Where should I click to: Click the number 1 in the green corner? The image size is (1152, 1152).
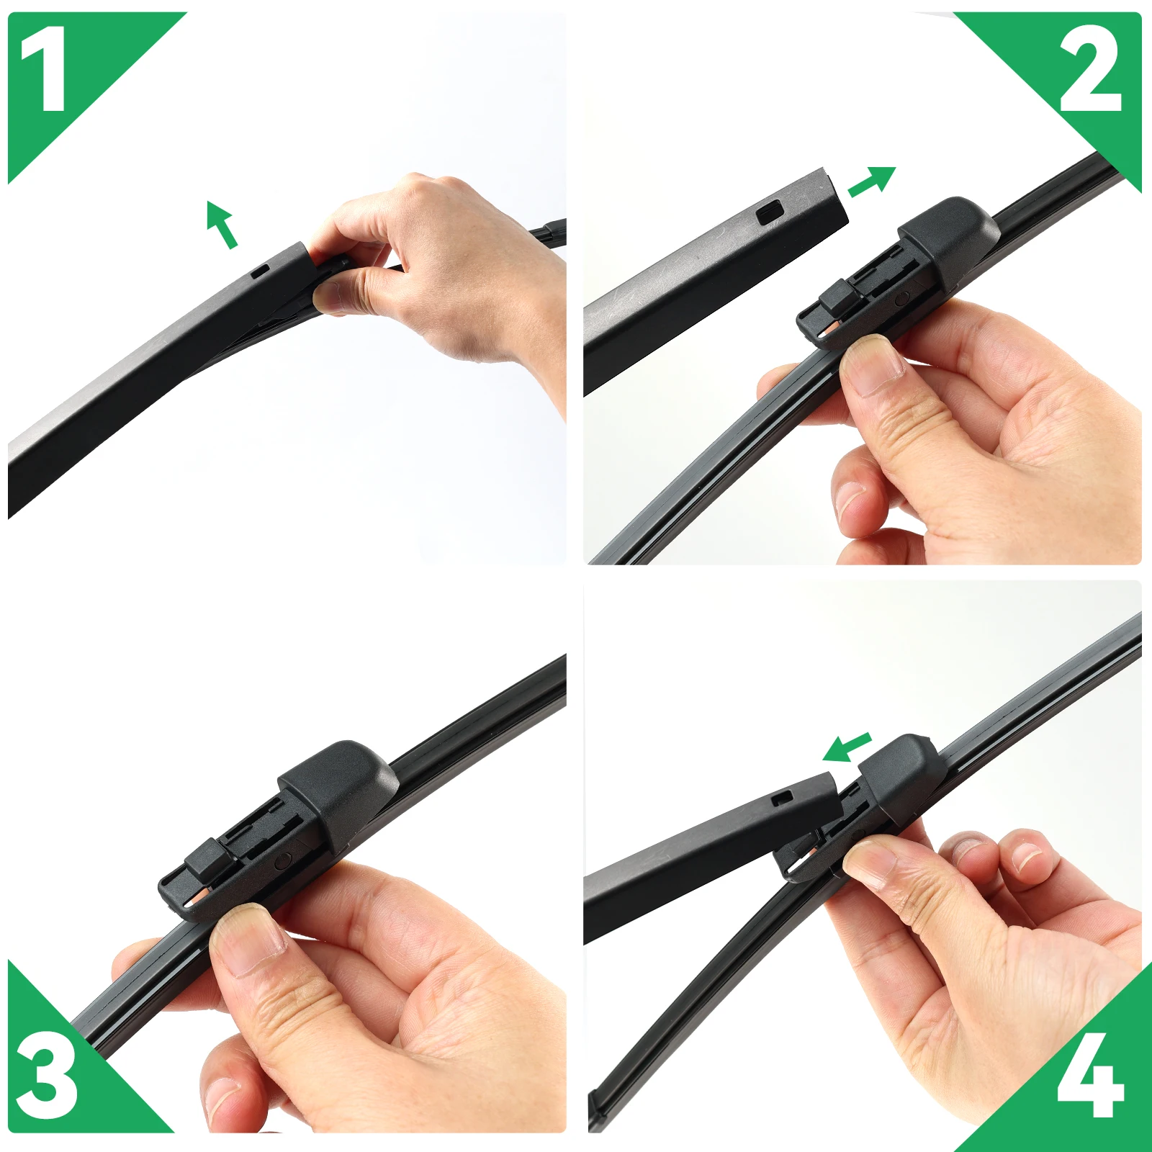pyautogui.click(x=45, y=70)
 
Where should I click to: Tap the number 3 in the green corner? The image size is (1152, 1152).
pyautogui.click(x=46, y=1080)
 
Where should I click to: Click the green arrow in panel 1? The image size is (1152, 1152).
pyautogui.click(x=221, y=224)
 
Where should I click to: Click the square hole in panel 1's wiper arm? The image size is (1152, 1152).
pyautogui.click(x=260, y=271)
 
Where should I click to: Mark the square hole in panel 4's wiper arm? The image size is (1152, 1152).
pyautogui.click(x=781, y=797)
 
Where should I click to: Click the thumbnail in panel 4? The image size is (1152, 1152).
pyautogui.click(x=868, y=861)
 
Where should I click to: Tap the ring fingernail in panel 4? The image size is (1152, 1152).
pyautogui.click(x=1027, y=856)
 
